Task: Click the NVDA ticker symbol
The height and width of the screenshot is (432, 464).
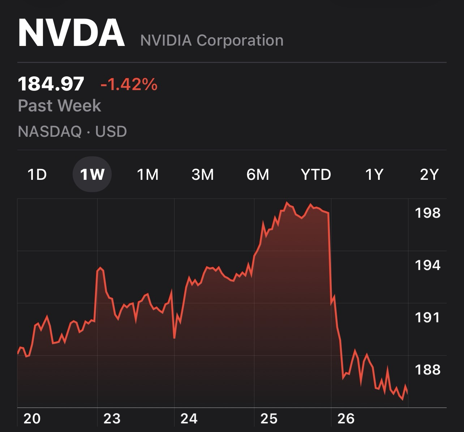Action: click(72, 33)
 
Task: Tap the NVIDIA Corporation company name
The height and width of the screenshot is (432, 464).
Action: click(212, 40)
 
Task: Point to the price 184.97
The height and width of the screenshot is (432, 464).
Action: click(51, 84)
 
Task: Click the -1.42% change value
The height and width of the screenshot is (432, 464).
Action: click(129, 84)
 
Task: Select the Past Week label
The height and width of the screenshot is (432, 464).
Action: click(60, 106)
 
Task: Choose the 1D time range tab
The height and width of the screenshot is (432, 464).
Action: click(37, 175)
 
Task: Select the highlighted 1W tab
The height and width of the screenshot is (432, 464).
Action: click(92, 175)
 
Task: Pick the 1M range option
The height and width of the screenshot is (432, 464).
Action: click(148, 175)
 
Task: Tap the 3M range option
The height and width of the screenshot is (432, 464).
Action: click(203, 175)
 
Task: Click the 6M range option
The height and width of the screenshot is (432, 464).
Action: click(258, 175)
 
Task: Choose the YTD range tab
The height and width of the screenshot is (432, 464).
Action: click(316, 175)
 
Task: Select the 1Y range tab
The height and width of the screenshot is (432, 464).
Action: click(374, 175)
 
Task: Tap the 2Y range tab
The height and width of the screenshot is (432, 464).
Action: click(429, 175)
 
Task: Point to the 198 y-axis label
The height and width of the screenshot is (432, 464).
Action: click(428, 213)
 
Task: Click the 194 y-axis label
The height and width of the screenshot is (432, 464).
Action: click(428, 265)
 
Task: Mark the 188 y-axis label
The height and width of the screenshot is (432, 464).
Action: click(428, 369)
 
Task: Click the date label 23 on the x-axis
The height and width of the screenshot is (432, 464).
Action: click(112, 419)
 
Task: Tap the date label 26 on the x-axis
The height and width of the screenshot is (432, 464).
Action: click(346, 419)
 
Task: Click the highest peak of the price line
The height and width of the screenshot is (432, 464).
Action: click(287, 203)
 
